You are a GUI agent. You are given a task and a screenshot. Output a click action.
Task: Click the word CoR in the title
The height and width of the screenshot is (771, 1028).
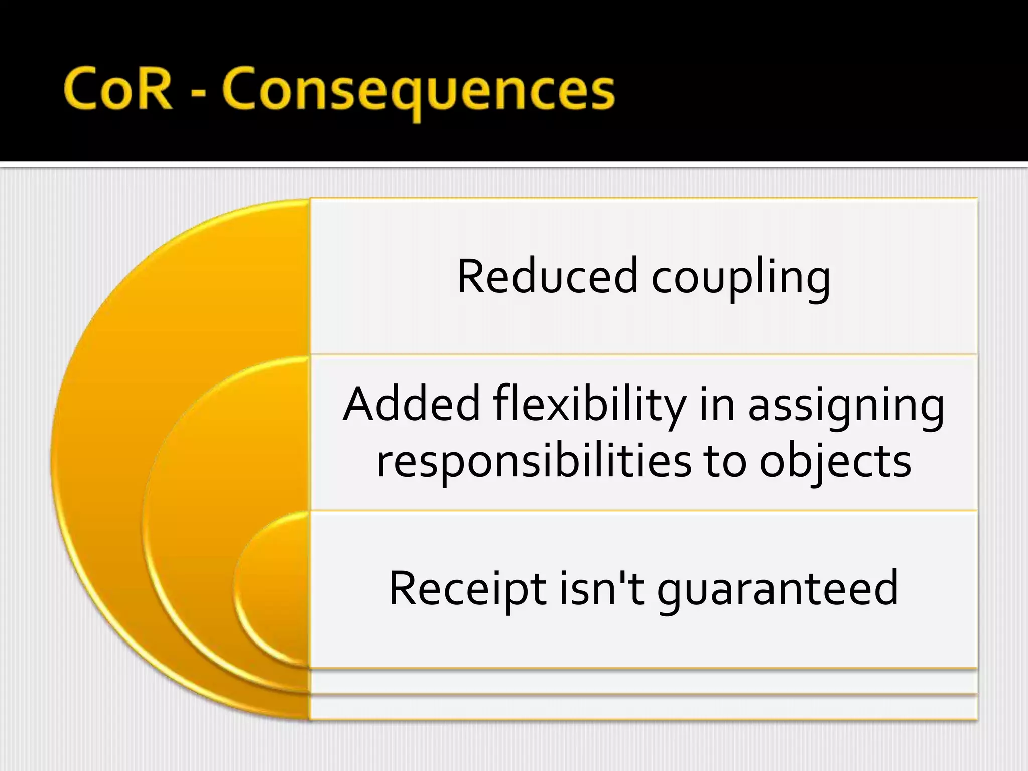[118, 90]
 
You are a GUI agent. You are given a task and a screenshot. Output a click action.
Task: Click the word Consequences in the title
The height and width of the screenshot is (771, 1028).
[418, 93]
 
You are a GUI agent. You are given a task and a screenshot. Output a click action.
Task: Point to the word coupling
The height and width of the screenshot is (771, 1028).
[740, 279]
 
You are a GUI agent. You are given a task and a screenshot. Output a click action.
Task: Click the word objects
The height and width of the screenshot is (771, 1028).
[835, 462]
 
